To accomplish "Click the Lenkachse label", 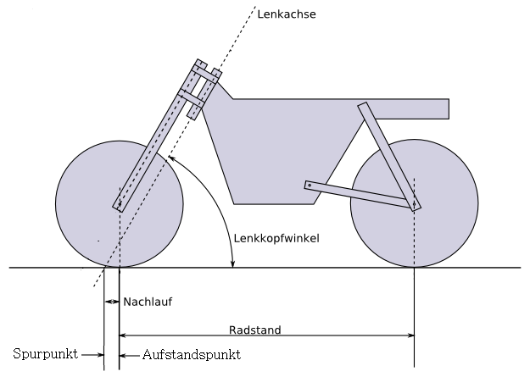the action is pos(287,14).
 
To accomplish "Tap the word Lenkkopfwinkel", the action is pos(276,239).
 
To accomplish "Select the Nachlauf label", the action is pos(148,302).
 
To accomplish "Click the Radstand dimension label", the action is pos(255,330).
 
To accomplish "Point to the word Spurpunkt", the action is pos(45,354).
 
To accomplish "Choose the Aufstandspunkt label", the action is pos(192,355).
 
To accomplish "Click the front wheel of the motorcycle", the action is pos(120,204).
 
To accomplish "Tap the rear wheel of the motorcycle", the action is pos(415,203).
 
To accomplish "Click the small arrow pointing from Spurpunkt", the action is pos(92,355).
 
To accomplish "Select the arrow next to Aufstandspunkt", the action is pos(130,355).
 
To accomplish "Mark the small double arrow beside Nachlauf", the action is pos(112,302).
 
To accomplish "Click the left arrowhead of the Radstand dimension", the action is pos(123,335).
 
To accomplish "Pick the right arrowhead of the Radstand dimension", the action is pos(411,335).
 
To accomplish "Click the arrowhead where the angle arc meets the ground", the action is pos(232,263).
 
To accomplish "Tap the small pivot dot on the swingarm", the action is pos(310,186).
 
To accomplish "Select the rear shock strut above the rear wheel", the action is pos(389,157).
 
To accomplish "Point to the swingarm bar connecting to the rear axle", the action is pos(360,195).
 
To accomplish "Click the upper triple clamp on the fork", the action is pos(205,74).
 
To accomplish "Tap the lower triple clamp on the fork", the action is pos(192,97).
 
